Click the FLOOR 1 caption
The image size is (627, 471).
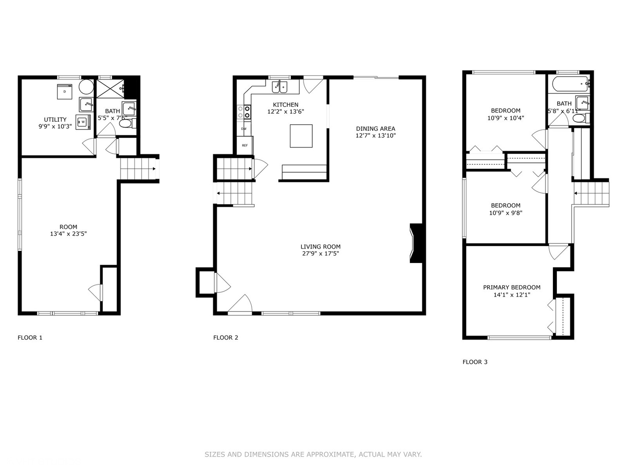[x=30, y=338]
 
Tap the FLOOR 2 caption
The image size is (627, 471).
[x=226, y=338]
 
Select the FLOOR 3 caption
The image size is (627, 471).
[x=475, y=362]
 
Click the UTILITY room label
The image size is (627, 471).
[x=55, y=119]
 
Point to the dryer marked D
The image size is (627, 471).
[x=65, y=92]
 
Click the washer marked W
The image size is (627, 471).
[x=82, y=122]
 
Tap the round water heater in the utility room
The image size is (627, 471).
[x=86, y=87]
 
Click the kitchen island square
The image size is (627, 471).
[x=301, y=136]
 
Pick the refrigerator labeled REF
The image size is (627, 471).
[x=245, y=145]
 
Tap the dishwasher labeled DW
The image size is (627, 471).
[x=243, y=129]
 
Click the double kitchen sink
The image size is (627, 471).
[x=280, y=87]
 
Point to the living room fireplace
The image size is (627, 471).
[x=416, y=243]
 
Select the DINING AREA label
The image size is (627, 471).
[x=375, y=129]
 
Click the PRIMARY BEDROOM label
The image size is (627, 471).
[x=512, y=287]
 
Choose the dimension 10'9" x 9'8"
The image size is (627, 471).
[x=506, y=213]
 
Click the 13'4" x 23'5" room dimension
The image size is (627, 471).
[x=68, y=234]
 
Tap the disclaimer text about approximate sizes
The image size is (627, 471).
[x=313, y=454]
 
